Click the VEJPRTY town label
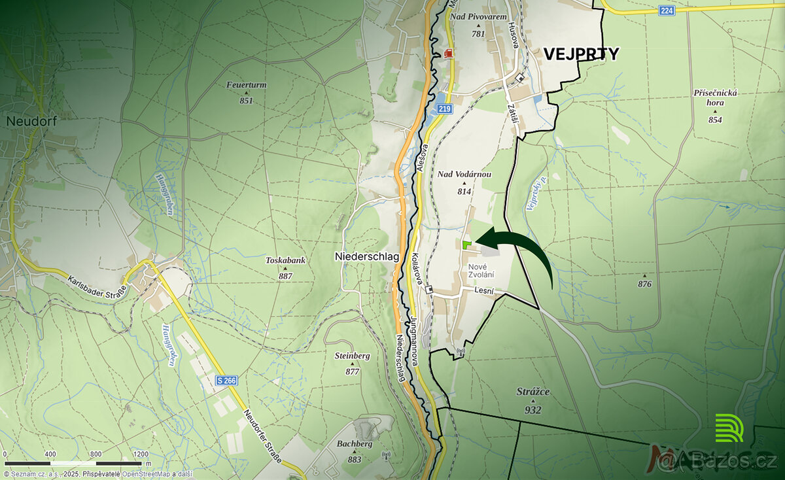[x=581, y=54]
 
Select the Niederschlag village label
[x=366, y=256]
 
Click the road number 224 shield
[x=667, y=10]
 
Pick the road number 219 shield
[x=445, y=109]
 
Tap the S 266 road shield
[x=226, y=380]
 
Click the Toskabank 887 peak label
[x=285, y=267]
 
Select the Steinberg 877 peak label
[x=353, y=363]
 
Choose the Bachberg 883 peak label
[x=355, y=451]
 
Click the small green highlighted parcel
[x=466, y=245]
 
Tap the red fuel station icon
[x=449, y=53]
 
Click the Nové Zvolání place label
[x=481, y=271]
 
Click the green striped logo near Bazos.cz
[x=729, y=428]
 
